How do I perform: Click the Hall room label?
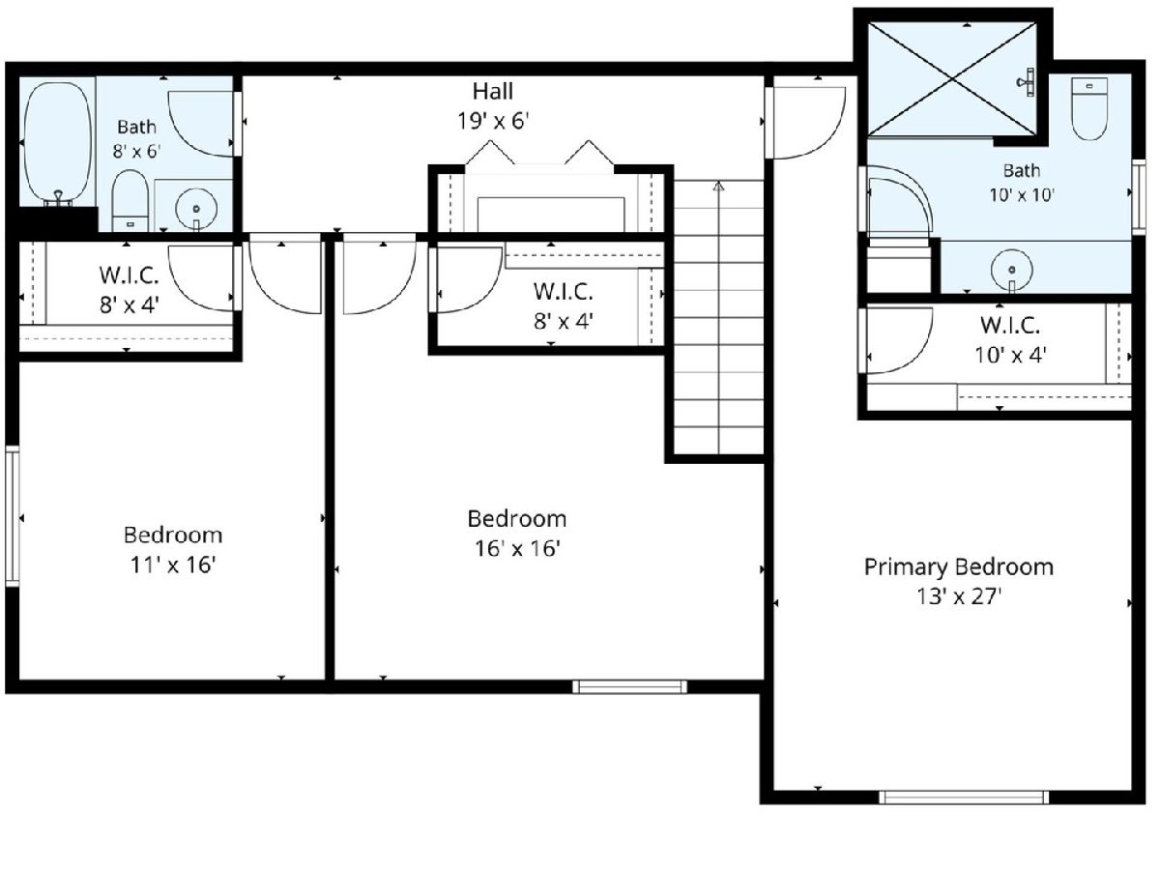493,92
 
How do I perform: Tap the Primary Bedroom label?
959,567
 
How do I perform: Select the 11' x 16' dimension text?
173,565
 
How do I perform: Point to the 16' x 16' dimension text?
517,549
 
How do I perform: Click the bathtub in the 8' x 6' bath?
58,144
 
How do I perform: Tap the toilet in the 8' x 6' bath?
130,200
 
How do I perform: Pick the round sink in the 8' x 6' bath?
196,208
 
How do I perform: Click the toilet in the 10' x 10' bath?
1089,109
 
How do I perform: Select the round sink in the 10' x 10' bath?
1011,271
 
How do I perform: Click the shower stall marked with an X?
952,78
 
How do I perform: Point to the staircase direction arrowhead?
718,187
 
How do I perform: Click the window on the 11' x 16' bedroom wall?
13,516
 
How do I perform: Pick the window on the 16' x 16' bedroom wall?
630,686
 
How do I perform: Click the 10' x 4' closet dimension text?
1010,356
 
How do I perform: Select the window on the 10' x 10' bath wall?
1139,196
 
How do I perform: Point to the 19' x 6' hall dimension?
493,122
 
